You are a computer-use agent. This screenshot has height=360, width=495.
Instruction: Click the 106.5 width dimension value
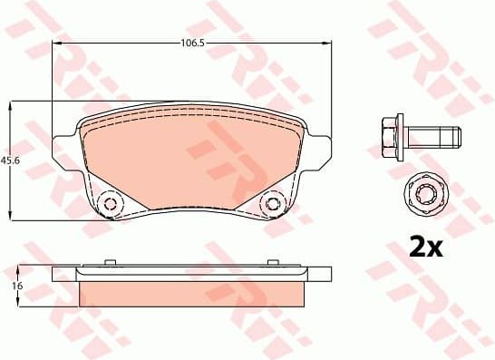(x=189, y=42)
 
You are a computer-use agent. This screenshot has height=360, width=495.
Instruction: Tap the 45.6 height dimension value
(x=10, y=160)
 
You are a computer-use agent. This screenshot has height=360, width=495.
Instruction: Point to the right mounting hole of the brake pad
(x=270, y=203)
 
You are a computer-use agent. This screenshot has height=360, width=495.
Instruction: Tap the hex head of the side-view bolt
(x=386, y=137)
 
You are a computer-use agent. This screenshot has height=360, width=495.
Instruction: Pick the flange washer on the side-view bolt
(x=400, y=137)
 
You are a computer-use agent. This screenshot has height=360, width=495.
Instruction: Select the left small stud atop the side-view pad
(x=110, y=264)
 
